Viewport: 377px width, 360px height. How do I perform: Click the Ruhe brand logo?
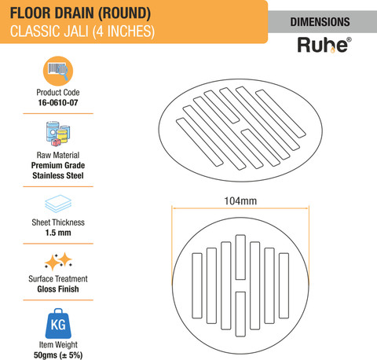324,45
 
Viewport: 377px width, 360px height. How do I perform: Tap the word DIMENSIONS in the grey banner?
320,22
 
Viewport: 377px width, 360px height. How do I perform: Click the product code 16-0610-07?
58,102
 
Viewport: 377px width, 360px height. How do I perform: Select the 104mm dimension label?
240,201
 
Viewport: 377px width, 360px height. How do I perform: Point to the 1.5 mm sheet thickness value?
58,233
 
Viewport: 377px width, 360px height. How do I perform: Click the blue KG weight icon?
58,323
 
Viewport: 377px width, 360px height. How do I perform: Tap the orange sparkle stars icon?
58,261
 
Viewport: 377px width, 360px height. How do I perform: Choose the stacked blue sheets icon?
58,204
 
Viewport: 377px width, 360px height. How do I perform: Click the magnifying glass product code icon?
58,71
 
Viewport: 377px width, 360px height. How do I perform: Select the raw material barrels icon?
58,134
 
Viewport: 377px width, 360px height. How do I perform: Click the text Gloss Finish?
58,289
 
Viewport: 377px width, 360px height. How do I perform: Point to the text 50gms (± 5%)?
58,355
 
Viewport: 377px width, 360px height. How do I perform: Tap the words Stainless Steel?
58,175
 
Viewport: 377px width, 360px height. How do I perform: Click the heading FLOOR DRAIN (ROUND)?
80,13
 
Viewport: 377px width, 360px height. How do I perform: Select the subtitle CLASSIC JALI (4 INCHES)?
82,31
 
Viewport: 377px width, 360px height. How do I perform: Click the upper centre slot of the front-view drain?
240,257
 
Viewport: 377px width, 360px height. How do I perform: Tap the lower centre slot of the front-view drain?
240,314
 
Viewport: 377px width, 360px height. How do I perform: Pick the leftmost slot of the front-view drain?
197,285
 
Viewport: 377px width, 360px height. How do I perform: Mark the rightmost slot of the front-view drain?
284,285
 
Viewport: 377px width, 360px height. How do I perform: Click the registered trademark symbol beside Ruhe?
349,40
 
